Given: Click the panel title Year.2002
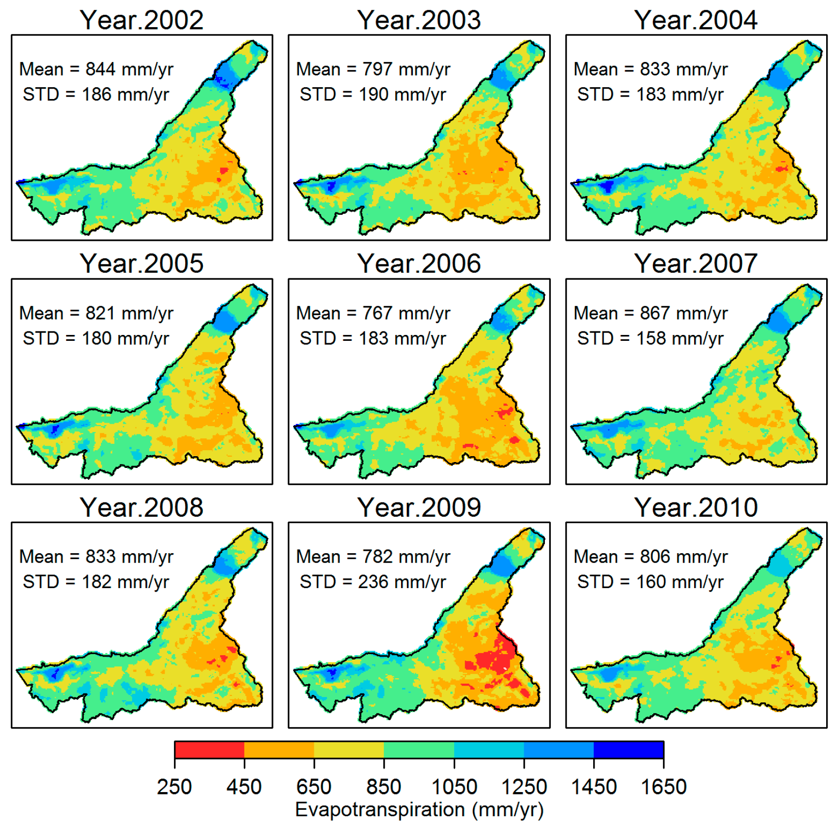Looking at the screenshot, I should pyautogui.click(x=141, y=20).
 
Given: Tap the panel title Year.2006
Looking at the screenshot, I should pyautogui.click(x=419, y=264).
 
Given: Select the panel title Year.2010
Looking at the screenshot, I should pyautogui.click(x=696, y=507).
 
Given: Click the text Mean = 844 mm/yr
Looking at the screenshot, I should pyautogui.click(x=96, y=69).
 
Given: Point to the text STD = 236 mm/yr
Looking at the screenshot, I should pyautogui.click(x=373, y=582).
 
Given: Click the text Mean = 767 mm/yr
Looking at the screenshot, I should pyautogui.click(x=373, y=313).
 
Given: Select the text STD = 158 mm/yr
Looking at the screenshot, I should pyautogui.click(x=650, y=338).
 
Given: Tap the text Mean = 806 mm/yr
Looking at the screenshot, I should pyautogui.click(x=650, y=557).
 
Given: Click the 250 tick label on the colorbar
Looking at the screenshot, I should pyautogui.click(x=174, y=787).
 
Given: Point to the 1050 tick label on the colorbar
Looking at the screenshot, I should pyautogui.click(x=454, y=787).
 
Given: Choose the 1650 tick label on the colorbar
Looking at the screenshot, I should pyautogui.click(x=663, y=787).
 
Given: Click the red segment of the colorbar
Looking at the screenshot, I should pyautogui.click(x=209, y=749).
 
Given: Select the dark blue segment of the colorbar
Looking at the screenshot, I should pyautogui.click(x=628, y=749).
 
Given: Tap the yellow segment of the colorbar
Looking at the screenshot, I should pyautogui.click(x=349, y=749).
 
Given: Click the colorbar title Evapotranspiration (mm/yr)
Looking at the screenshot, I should pyautogui.click(x=419, y=809).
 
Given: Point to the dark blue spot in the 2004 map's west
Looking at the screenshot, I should pyautogui.click(x=607, y=187).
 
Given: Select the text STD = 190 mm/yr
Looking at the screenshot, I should pyautogui.click(x=373, y=95).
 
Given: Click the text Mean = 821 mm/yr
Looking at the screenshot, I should pyautogui.click(x=96, y=313).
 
